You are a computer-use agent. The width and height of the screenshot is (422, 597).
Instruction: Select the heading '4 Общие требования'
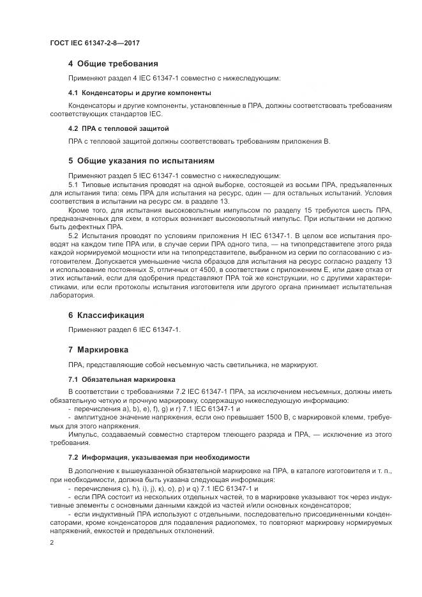point(113,64)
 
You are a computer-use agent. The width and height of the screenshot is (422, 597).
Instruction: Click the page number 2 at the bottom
point(52,542)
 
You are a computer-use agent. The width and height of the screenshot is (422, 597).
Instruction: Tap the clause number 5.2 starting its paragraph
point(73,236)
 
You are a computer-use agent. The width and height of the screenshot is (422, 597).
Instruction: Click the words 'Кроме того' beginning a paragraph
point(87,210)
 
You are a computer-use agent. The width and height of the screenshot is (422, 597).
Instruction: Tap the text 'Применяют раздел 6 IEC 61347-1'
point(125,330)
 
